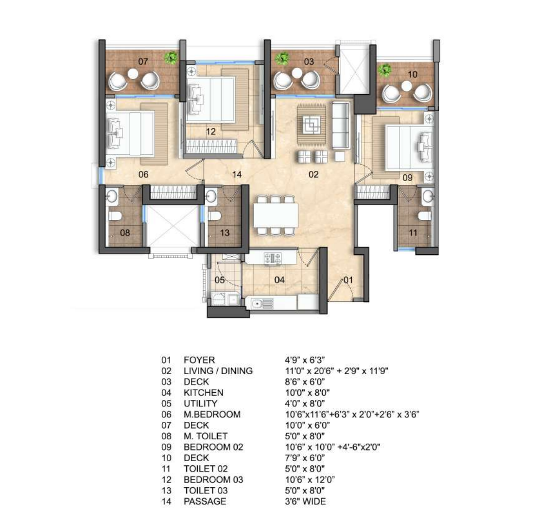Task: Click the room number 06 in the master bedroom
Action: [143, 174]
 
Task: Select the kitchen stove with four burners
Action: [273, 258]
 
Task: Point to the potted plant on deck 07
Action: [172, 58]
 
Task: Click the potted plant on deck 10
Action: [385, 70]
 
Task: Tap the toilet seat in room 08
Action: [115, 215]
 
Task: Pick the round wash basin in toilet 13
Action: [211, 196]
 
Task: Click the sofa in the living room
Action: [341, 125]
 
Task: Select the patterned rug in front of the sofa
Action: [311, 124]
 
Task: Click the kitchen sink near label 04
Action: [262, 303]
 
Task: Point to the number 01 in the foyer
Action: [348, 280]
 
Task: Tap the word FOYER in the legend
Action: [199, 360]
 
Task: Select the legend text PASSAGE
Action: [205, 501]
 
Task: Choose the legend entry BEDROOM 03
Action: [213, 480]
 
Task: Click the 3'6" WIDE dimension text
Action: [306, 501]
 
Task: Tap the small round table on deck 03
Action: [297, 73]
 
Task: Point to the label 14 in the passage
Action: [237, 174]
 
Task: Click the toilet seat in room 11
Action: [425, 215]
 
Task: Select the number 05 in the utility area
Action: [220, 280]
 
